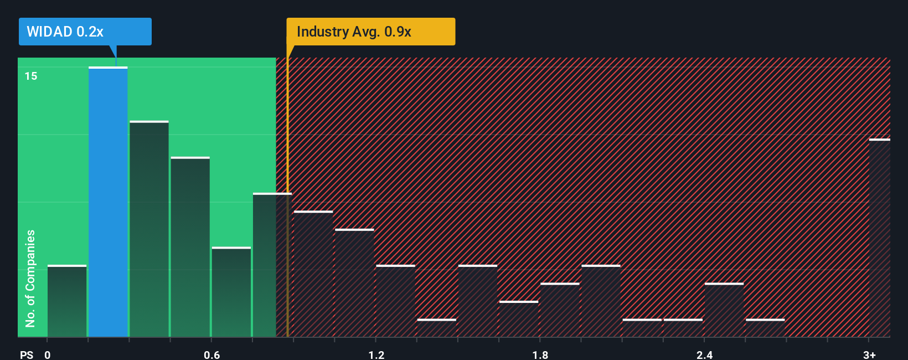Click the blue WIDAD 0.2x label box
[85, 32]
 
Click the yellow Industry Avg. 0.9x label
[370, 32]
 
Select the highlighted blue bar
[108, 202]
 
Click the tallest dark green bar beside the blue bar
[149, 229]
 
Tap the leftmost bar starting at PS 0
[67, 301]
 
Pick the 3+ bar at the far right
[879, 238]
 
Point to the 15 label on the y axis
[31, 76]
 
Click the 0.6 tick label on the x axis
[211, 354]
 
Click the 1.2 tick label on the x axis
[376, 354]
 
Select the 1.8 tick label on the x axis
[540, 354]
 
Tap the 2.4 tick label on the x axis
[704, 354]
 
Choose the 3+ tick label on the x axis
[869, 354]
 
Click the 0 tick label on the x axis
[48, 354]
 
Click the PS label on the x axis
[27, 354]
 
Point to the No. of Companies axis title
[30, 278]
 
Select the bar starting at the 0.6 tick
[231, 292]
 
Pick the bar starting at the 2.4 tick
[724, 310]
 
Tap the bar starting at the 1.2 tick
[395, 301]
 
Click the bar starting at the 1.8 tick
[560, 310]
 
